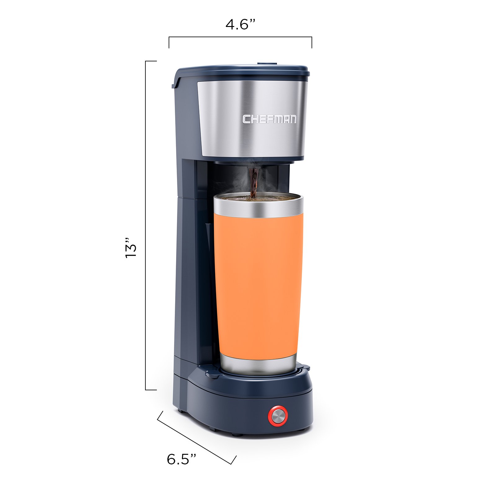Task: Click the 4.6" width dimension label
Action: tap(240, 24)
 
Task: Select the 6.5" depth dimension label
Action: tap(181, 459)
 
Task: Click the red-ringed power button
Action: tap(278, 416)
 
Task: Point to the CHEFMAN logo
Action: tap(269, 119)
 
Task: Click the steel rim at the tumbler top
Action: tap(258, 205)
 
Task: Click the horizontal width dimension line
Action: tap(240, 37)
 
